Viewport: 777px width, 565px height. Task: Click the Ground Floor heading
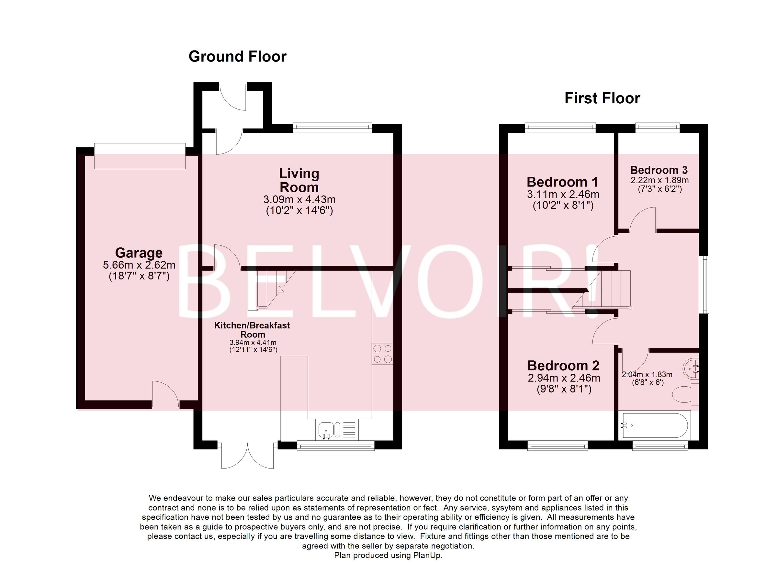(237, 57)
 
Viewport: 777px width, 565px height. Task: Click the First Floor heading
(602, 98)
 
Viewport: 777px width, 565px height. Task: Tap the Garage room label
(139, 253)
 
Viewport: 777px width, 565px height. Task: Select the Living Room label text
(299, 181)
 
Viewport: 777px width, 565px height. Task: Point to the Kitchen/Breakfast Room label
(252, 330)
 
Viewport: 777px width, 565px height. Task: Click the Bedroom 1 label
(563, 182)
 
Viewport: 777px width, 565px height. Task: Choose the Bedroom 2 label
(563, 366)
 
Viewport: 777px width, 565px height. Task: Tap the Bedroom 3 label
(659, 170)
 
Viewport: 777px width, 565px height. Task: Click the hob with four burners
(382, 354)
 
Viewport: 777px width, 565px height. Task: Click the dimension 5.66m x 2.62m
(139, 265)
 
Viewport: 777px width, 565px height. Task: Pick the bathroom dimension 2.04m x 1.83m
(647, 375)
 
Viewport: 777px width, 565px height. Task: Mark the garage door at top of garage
(140, 156)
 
